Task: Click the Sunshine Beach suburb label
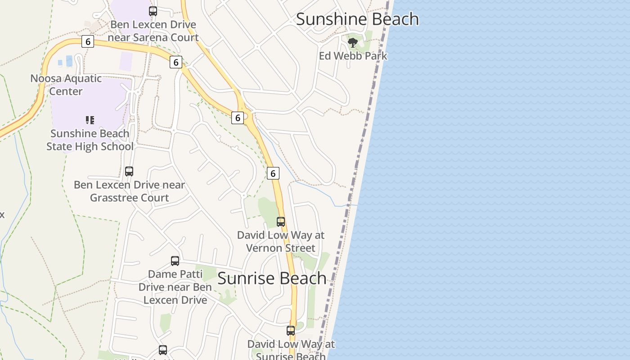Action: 357,19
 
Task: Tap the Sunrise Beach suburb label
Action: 272,278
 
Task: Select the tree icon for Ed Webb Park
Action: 353,43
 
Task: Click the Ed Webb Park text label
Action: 353,56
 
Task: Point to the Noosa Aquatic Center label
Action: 66,85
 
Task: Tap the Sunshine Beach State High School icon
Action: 90,120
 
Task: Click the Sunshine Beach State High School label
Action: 90,140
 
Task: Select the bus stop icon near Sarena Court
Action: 153,11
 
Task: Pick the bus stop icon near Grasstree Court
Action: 129,171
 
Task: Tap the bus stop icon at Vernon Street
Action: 281,222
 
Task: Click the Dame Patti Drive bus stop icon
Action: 175,261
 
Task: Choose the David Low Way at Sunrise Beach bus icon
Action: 291,331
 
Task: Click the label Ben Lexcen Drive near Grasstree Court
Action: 130,191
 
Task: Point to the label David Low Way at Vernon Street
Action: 281,241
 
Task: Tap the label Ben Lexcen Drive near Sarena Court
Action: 153,31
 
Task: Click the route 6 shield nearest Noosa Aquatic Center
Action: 88,42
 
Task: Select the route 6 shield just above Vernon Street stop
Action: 273,173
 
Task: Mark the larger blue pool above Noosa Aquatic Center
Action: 69,61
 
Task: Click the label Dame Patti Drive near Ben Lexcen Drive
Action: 175,287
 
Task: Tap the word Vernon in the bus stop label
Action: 265,248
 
